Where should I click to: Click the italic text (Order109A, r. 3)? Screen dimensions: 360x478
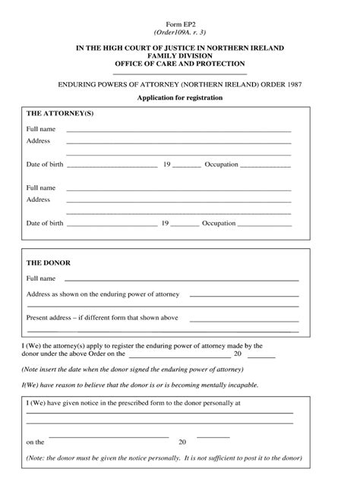click(179, 33)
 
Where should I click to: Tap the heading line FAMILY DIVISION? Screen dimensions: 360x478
click(179, 55)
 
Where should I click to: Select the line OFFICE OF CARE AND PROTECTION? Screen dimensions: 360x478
click(179, 64)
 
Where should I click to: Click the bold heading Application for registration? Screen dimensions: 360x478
click(179, 99)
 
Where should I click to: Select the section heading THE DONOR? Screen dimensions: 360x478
click(49, 263)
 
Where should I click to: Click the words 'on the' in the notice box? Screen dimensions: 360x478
click(36, 441)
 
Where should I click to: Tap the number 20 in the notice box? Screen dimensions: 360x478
click(182, 441)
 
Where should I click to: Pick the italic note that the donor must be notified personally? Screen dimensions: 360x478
click(164, 458)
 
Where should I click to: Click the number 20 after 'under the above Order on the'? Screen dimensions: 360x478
click(238, 353)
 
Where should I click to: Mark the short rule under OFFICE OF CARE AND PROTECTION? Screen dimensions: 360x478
click(179, 74)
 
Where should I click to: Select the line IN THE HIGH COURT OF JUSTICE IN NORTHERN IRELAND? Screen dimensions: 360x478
click(179, 47)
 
